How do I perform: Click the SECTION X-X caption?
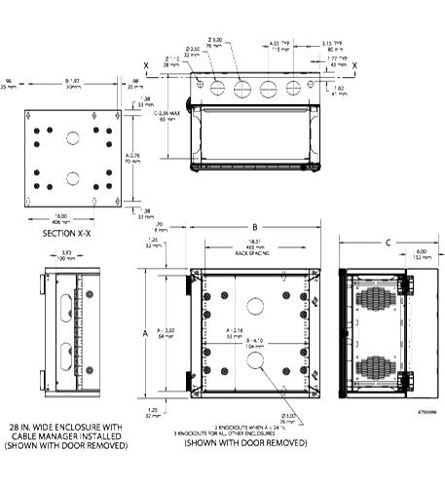(66, 235)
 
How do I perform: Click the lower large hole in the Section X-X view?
(72, 177)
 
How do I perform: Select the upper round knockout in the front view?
(256, 304)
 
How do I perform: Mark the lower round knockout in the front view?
(256, 360)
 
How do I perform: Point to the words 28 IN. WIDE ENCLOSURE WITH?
(66, 427)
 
